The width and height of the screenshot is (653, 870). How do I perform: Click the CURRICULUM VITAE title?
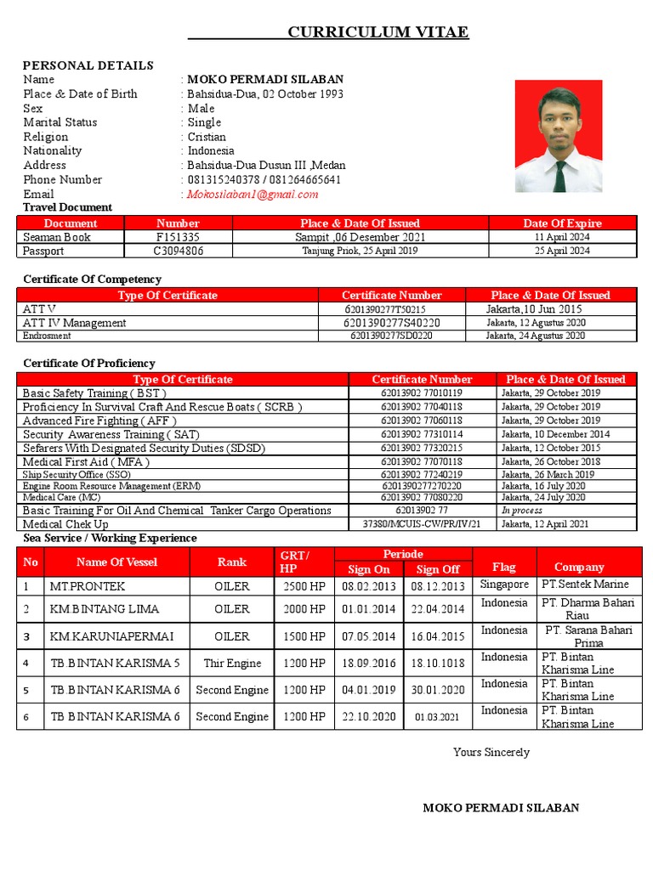coord(378,32)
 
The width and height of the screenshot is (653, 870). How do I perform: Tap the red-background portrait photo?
coord(559,136)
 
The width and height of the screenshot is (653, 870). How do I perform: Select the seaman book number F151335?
coord(178,237)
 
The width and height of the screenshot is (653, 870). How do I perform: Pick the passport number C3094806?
coord(178,251)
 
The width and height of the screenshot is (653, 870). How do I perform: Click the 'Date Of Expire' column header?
coord(562,223)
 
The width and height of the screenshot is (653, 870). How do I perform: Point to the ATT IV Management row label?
coord(75,323)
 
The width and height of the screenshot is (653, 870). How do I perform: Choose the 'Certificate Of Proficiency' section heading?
coord(89,363)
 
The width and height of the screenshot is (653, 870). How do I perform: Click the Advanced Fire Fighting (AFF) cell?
coord(99,421)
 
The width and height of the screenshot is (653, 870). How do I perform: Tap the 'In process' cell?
coord(521,511)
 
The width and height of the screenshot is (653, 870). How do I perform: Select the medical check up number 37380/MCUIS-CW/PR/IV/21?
coord(422,524)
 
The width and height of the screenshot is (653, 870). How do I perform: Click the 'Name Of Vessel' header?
coord(116,562)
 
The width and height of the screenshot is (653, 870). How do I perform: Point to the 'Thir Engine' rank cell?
coord(232,663)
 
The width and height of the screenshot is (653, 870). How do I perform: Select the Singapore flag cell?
coord(504,585)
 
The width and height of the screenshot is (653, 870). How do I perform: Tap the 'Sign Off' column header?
coord(439,569)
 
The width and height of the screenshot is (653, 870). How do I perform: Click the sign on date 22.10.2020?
coord(369,716)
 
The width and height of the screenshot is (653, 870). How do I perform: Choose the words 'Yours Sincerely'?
coord(491,752)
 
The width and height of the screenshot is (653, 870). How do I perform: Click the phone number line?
coord(264,179)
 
